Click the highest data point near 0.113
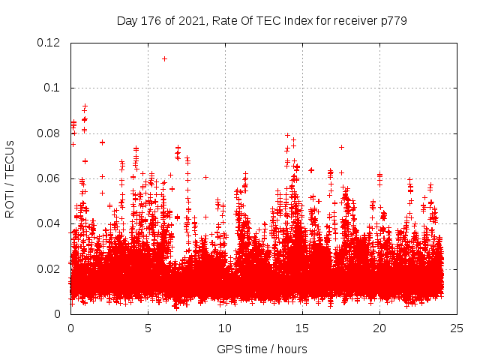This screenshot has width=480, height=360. pos(164,58)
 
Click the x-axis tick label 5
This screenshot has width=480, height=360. pos(148,328)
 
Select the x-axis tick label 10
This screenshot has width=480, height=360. pos(225,328)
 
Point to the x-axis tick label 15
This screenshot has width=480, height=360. pos(302,328)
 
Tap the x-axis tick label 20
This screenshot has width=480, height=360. pos(379,328)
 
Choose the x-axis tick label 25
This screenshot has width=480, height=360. pos(457,328)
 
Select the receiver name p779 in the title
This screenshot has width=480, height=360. pos(393,20)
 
